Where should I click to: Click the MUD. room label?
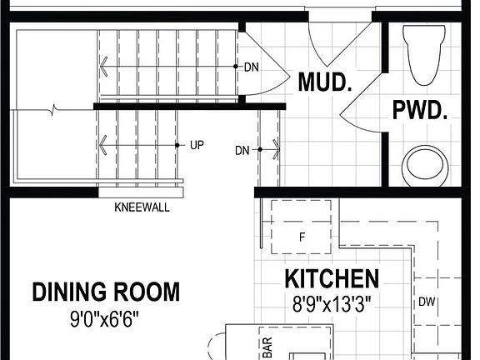click(324, 82)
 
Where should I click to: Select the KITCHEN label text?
click(332, 279)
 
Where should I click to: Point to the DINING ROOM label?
click(106, 292)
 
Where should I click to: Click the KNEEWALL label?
click(142, 207)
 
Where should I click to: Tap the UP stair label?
click(197, 145)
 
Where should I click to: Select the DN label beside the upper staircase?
click(251, 67)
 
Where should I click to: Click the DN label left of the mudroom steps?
click(242, 151)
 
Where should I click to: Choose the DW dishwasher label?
click(426, 302)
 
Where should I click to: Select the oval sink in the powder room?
click(425, 165)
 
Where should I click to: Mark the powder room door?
click(360, 108)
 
